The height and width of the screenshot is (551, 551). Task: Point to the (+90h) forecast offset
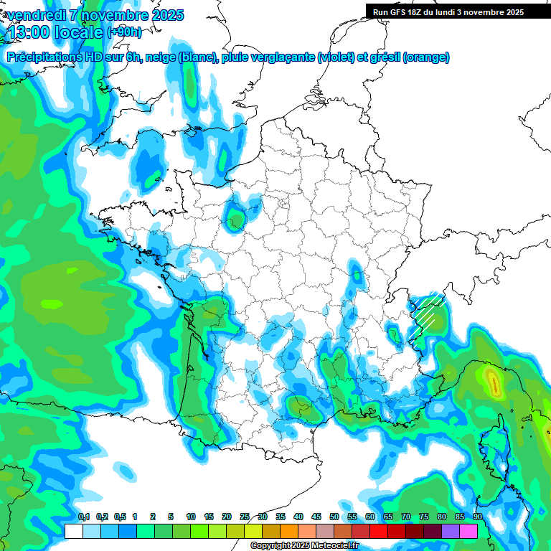[x=124, y=32]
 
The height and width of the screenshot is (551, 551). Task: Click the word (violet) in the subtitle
[x=336, y=57]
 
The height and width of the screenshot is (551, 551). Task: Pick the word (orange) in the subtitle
[x=427, y=57]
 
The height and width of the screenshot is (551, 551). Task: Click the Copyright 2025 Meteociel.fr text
[x=304, y=546]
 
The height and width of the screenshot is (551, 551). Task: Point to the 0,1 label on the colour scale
[x=83, y=517]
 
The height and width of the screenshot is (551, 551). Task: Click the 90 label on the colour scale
[x=477, y=517]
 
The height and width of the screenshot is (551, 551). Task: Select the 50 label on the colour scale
[x=334, y=517]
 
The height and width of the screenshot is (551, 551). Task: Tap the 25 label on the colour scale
[x=245, y=517]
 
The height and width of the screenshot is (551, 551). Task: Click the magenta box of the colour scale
[x=468, y=531]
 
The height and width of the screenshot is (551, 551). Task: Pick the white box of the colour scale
[x=73, y=531]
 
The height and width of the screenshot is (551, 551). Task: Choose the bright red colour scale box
[x=378, y=531]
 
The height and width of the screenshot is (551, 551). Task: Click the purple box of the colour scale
[x=450, y=531]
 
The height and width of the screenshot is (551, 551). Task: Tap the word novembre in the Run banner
[x=479, y=11]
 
